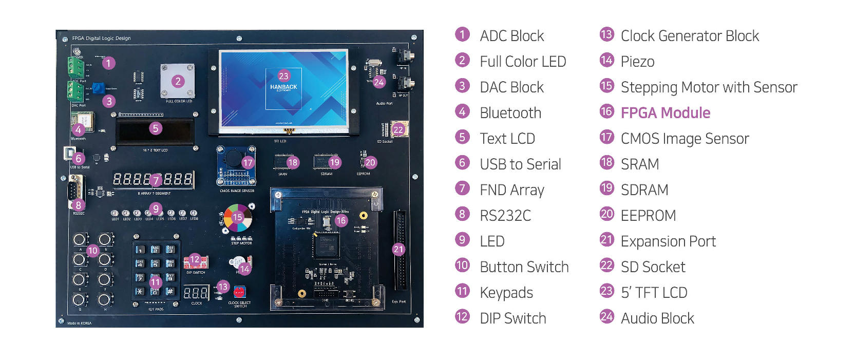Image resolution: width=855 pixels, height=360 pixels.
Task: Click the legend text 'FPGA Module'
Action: point(665,113)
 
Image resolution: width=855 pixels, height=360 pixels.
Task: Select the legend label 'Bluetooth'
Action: point(510,113)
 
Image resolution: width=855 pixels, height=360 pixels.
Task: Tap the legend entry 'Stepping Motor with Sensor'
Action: point(709,87)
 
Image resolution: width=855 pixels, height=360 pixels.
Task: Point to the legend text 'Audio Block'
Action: point(657,318)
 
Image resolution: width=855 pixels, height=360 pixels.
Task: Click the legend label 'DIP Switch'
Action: point(512,318)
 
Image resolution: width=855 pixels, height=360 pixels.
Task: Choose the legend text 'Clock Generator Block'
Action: point(690,36)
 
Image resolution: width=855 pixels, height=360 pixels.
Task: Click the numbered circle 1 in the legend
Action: point(462,34)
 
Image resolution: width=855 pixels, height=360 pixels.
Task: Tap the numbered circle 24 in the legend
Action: point(607,317)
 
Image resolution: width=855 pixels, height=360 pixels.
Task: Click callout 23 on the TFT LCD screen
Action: point(283,76)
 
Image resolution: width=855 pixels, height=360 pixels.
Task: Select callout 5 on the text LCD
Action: point(156,128)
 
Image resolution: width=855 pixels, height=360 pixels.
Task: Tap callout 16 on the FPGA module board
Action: point(341,221)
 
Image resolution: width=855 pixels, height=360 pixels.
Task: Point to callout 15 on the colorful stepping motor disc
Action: point(237,217)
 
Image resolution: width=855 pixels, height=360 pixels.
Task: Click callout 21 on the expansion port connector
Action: point(398,250)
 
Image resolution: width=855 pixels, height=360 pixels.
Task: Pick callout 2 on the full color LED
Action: point(178,81)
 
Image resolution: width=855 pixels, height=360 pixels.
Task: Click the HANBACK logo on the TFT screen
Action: point(283,87)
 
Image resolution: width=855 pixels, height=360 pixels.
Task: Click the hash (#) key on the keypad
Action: point(170,291)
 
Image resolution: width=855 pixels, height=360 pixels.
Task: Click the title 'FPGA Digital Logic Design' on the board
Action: point(101,39)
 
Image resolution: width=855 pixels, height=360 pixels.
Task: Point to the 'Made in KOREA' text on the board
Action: point(79,323)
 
